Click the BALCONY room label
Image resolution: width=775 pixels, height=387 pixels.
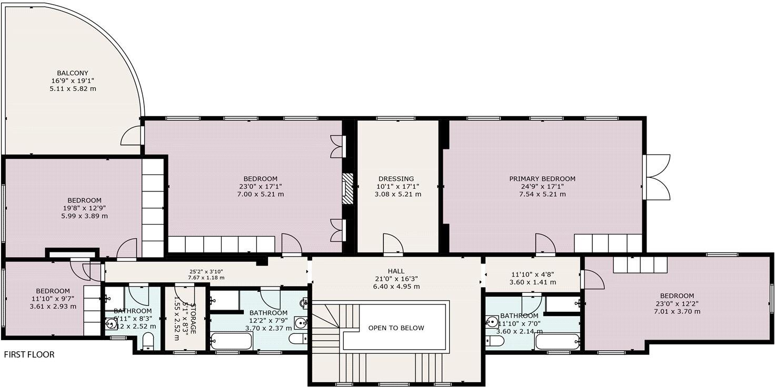pyautogui.click(x=73, y=73)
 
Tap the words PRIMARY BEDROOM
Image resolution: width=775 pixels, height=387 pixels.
pyautogui.click(x=542, y=179)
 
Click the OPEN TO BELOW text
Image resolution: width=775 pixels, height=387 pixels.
pyautogui.click(x=396, y=328)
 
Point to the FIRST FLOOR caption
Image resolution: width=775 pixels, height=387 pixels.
pyautogui.click(x=29, y=355)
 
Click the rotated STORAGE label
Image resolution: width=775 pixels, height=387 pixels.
pyautogui.click(x=193, y=318)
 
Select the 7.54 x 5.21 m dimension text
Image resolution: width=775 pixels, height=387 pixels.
pyautogui.click(x=542, y=194)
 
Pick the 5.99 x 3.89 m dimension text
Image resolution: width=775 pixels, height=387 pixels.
pyautogui.click(x=84, y=216)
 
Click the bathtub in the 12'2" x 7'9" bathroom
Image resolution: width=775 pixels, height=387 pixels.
pyautogui.click(x=231, y=341)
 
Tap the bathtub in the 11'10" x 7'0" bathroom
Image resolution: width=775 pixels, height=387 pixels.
pyautogui.click(x=558, y=342)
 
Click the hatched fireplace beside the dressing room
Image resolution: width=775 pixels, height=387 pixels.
pyautogui.click(x=348, y=189)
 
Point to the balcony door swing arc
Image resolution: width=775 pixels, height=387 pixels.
pyautogui.click(x=132, y=136)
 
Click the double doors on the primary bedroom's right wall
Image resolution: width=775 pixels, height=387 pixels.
pyautogui.click(x=657, y=177)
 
